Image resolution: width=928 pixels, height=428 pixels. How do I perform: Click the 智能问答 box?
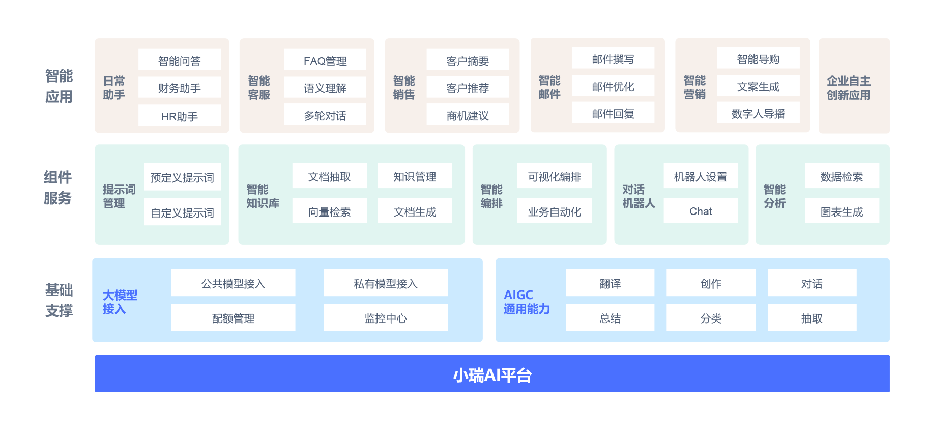(179, 61)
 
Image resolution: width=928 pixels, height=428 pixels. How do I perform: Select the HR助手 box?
(179, 116)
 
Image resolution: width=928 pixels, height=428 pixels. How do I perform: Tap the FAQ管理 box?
(325, 61)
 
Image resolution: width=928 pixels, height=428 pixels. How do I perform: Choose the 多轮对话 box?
(325, 116)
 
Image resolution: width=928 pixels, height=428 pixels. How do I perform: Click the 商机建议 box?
(468, 116)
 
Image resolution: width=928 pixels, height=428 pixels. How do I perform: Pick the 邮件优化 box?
(613, 86)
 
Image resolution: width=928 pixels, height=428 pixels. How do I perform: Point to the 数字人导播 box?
(758, 113)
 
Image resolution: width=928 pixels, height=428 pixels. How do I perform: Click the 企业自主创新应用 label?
(848, 88)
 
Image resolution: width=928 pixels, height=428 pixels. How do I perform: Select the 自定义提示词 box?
(182, 212)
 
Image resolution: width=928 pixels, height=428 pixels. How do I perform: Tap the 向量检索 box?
(329, 211)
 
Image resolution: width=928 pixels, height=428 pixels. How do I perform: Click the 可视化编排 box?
(554, 177)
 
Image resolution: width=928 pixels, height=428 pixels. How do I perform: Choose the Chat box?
(701, 211)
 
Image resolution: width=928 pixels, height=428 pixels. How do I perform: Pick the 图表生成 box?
(842, 211)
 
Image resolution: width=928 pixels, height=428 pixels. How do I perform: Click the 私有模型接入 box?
(386, 283)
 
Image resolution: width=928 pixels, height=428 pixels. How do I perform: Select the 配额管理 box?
(233, 318)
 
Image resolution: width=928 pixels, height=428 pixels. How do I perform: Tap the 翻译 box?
(610, 283)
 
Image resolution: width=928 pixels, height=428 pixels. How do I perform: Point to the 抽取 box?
(811, 318)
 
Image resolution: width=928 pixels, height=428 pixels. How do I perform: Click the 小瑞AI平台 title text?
(492, 375)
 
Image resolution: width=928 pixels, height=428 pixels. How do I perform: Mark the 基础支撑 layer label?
(59, 300)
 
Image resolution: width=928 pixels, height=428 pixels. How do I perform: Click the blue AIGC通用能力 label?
(527, 302)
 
